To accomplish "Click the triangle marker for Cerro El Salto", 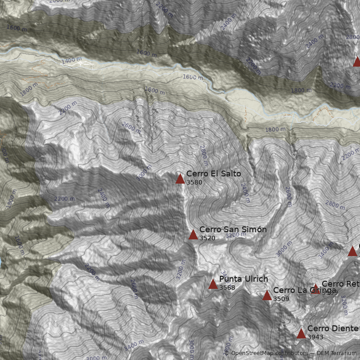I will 180,179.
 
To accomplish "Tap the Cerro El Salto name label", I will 213,174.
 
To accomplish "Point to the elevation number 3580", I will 194,183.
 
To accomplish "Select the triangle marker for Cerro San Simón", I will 193,234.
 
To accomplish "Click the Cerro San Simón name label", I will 233,229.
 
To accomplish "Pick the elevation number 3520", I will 207,238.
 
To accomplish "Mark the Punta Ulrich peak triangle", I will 213,284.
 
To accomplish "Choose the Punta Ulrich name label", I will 243,279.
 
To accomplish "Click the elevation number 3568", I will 227,288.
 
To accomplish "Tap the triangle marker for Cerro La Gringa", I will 267,295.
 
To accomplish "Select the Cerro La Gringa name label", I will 298,290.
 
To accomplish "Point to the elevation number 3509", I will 281,299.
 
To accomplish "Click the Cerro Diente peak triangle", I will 301,333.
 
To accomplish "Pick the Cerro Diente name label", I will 333,328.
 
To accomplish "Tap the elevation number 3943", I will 315,337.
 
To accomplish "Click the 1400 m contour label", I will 72,60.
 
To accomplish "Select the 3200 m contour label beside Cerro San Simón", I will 236,235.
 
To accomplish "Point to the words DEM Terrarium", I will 337,353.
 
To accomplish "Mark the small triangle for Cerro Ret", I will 315,288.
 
